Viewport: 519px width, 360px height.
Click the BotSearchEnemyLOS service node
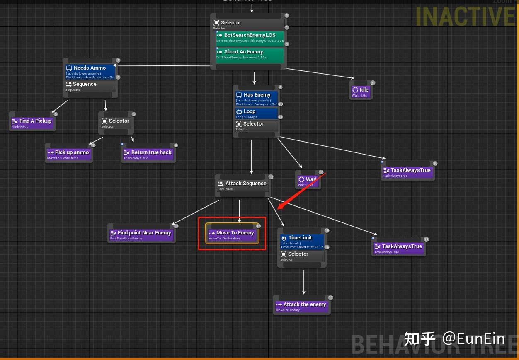250,37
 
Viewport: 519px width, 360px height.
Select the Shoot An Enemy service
250,54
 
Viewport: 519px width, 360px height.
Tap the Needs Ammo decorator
90,70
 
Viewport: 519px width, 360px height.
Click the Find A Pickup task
32,123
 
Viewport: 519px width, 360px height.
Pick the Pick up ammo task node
68,154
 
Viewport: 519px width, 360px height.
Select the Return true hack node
148,154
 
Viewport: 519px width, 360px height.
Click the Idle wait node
361,92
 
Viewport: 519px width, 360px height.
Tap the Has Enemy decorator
257,98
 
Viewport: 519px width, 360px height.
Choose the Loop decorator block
257,113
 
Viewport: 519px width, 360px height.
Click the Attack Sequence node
243,185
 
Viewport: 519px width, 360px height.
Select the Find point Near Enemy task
141,234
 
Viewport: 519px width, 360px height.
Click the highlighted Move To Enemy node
232,234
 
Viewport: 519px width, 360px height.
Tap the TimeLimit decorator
302,240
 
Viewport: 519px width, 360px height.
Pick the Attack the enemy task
301,306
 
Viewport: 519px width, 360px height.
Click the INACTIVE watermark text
464,17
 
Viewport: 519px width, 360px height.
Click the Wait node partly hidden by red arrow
307,181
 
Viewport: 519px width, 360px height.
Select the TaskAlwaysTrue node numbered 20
407,172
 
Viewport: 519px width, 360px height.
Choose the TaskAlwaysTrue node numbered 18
399,248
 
